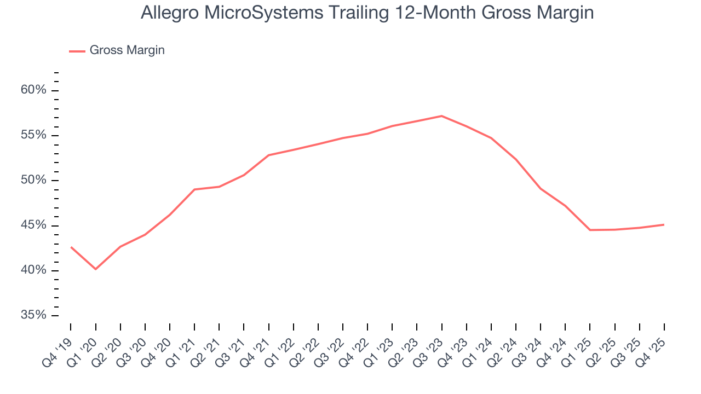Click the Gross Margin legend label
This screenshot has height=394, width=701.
click(127, 50)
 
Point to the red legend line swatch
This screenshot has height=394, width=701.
click(77, 51)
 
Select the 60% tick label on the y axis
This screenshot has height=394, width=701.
click(34, 90)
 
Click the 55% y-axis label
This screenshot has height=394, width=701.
click(34, 135)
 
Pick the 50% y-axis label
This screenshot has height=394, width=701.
click(34, 181)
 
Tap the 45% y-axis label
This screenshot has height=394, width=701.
click(34, 225)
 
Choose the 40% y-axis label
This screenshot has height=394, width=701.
click(34, 270)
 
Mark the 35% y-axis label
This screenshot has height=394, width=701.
click(34, 315)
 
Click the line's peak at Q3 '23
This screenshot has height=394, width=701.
click(441, 116)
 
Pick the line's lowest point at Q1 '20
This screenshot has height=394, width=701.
click(96, 269)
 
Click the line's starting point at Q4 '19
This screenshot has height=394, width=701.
click(71, 247)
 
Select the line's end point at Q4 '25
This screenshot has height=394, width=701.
click(664, 224)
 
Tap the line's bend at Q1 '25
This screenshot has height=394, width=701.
click(590, 230)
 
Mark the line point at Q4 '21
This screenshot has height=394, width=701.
click(268, 155)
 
